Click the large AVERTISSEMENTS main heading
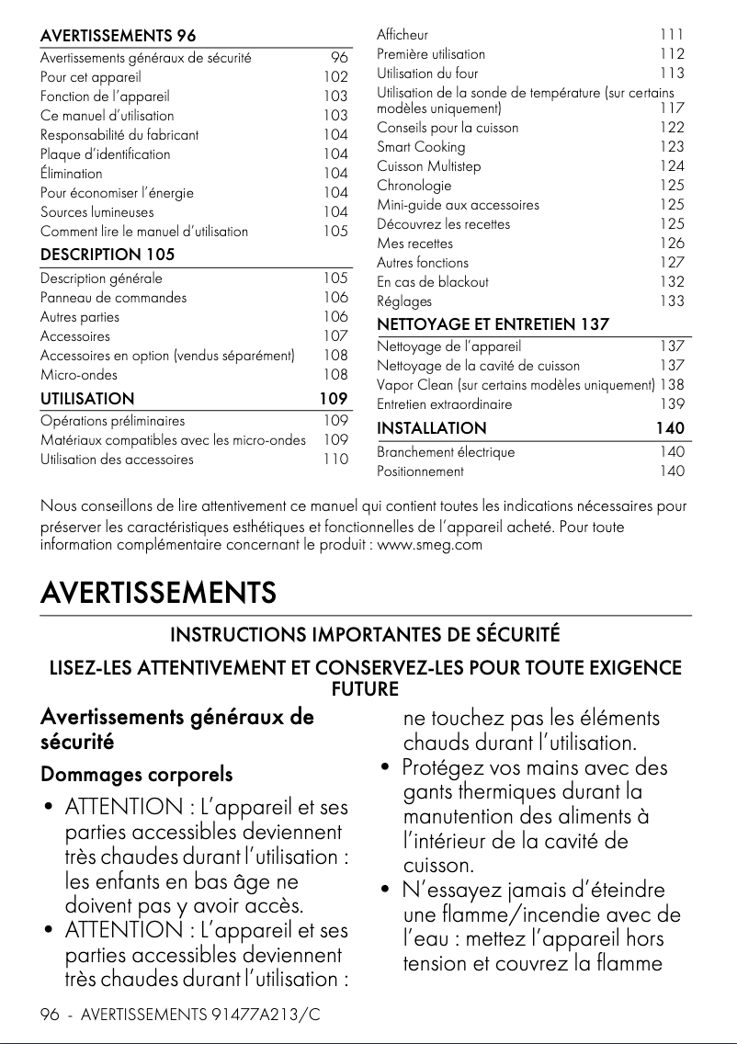[x=158, y=593]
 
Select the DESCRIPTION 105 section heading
[x=108, y=254]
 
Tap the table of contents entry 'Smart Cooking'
[x=421, y=147]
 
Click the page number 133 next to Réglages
[x=672, y=301]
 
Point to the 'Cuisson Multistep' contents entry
[x=428, y=166]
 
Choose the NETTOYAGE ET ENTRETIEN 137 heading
[x=493, y=323]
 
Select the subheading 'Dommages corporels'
[x=136, y=775]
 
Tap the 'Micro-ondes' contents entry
[x=79, y=375]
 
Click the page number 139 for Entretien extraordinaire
[x=672, y=404]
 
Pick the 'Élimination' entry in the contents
[x=72, y=173]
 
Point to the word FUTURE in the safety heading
[x=364, y=688]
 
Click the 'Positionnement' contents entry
[x=420, y=471]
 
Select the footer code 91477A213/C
[x=266, y=1015]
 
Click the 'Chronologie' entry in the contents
[x=414, y=186]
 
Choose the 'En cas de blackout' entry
[x=433, y=282]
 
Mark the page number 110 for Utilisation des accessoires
[x=335, y=460]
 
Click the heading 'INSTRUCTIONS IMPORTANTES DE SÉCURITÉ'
[x=365, y=635]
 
